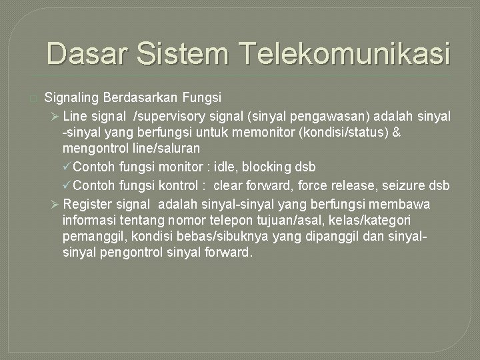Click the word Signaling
[72, 98]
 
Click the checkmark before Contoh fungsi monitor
[67, 166]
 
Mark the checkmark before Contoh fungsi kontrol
[67, 185]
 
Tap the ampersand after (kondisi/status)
[396, 132]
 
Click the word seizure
[407, 185]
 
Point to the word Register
[87, 203]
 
